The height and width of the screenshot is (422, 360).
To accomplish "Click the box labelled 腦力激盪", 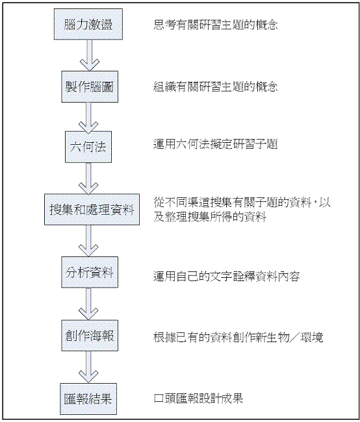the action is pyautogui.click(x=88, y=24).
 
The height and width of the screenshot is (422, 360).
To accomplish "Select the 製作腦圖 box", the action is pyautogui.click(x=90, y=86).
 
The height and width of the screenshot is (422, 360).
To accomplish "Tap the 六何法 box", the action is pyautogui.click(x=88, y=147).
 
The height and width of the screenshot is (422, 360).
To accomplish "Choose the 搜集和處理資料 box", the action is pyautogui.click(x=92, y=210).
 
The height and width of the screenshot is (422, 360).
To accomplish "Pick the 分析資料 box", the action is pyautogui.click(x=90, y=273).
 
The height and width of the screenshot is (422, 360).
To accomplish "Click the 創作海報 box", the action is pyautogui.click(x=90, y=336).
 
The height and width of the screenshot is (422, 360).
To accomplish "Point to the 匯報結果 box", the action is pyautogui.click(x=88, y=399).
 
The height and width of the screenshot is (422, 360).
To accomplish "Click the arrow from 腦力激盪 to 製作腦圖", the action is pyautogui.click(x=90, y=55).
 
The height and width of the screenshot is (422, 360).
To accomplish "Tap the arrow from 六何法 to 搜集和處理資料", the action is pyautogui.click(x=88, y=178).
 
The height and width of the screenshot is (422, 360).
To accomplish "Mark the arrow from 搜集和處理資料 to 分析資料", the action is pyautogui.click(x=88, y=241).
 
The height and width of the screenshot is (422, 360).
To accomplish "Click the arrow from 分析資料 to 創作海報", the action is pyautogui.click(x=88, y=304).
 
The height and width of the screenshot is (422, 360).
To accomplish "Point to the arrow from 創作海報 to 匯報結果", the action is pyautogui.click(x=88, y=367).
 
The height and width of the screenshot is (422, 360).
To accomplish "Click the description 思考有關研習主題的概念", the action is pyautogui.click(x=216, y=25).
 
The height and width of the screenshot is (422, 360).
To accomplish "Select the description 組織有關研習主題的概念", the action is pyautogui.click(x=216, y=86).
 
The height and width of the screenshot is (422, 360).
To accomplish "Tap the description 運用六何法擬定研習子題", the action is pyautogui.click(x=216, y=144).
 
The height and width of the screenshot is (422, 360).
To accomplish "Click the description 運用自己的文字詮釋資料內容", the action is pyautogui.click(x=227, y=276).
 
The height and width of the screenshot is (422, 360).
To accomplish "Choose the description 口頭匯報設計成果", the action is pyautogui.click(x=198, y=399).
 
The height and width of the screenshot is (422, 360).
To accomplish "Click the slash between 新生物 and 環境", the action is pyautogui.click(x=294, y=338).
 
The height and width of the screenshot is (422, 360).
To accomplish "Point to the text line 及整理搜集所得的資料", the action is pyautogui.click(x=210, y=216).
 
